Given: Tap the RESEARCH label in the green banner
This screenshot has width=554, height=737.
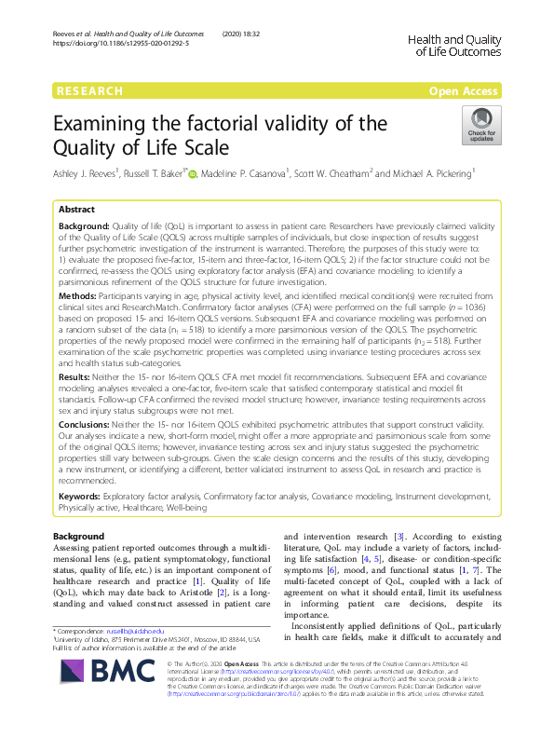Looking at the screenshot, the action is [x=89, y=91].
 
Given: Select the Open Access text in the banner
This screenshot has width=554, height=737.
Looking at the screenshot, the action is [x=466, y=91].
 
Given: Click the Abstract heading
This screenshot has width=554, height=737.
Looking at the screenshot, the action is [x=77, y=211].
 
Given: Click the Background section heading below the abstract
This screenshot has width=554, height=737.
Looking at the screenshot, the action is [x=80, y=538].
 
